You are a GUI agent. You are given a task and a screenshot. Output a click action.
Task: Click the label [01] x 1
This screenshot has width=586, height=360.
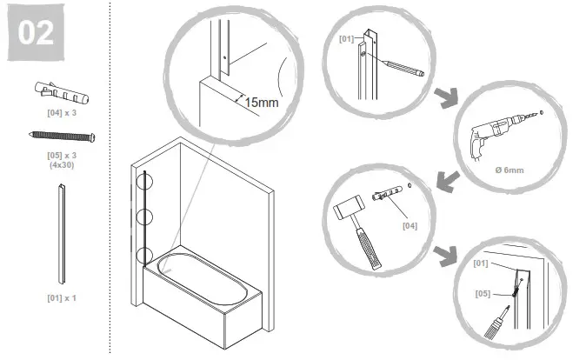pos(62,297)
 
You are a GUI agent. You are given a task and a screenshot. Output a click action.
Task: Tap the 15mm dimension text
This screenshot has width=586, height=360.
pos(261,103)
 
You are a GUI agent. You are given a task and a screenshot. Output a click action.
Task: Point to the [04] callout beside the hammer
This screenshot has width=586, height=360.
pos(410,226)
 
